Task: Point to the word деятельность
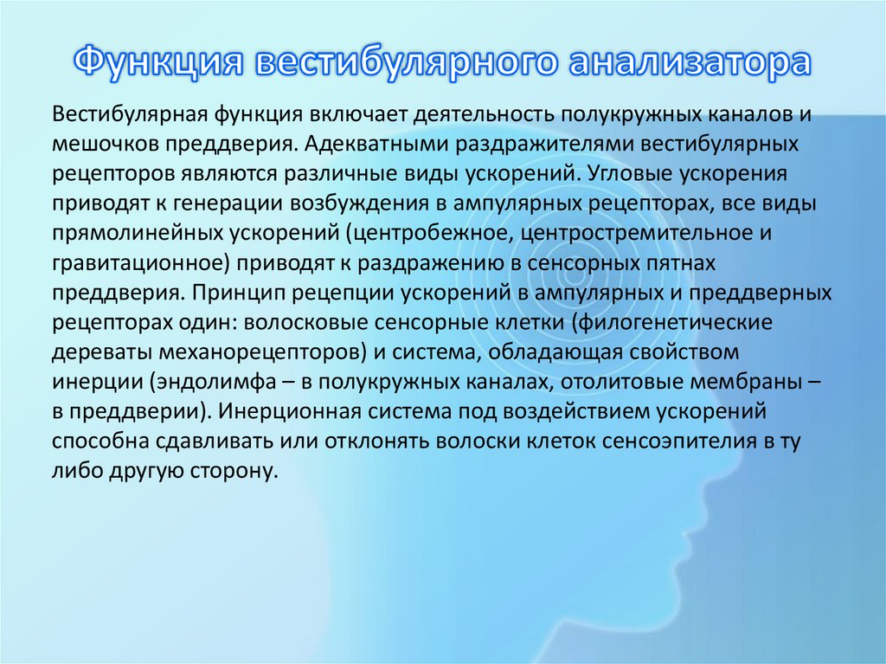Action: point(479,115)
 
